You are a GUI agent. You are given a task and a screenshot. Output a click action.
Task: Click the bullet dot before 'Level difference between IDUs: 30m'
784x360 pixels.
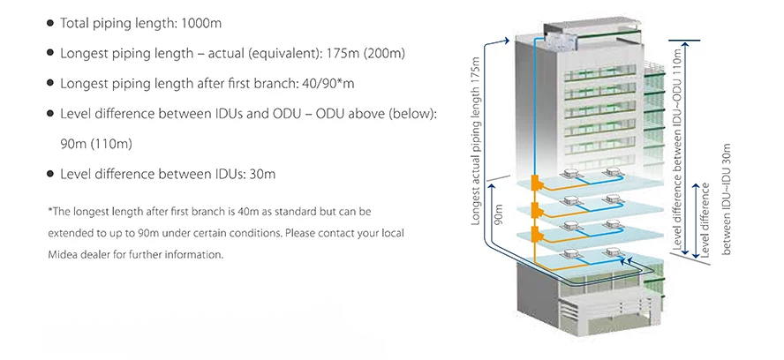pos(49,174)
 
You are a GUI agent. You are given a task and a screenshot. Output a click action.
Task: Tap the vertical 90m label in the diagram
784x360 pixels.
pos(499,221)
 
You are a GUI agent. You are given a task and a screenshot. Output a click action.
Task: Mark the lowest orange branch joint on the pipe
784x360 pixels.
pos(534,236)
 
